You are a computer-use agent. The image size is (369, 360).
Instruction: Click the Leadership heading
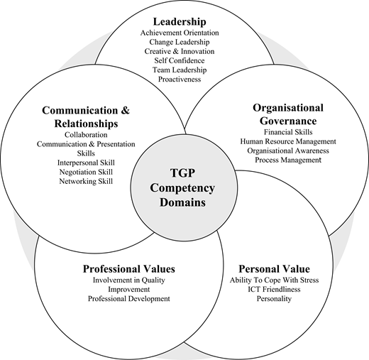(x=180, y=22)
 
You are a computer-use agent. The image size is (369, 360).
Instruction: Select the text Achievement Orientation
(x=180, y=33)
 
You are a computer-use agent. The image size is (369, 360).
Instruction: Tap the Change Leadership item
(x=180, y=42)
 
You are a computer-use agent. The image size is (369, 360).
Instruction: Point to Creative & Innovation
(x=180, y=51)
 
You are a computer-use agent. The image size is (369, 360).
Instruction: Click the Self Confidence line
(x=180, y=60)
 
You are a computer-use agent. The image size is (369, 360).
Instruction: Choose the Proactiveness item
(x=180, y=80)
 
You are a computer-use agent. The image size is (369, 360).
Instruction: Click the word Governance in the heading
(x=288, y=121)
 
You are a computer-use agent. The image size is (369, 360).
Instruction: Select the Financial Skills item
(x=288, y=132)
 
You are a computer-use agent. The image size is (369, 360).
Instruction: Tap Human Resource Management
(x=288, y=141)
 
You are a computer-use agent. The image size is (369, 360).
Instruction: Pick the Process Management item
(x=288, y=160)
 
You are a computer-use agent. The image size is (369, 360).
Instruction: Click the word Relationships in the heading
(x=86, y=124)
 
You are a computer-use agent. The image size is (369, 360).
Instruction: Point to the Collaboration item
(x=86, y=135)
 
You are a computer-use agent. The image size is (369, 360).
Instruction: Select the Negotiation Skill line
(x=86, y=172)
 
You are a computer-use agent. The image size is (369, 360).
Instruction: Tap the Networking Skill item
(x=86, y=181)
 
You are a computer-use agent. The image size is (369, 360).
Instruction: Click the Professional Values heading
(x=129, y=269)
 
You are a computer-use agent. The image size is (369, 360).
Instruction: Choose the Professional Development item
(x=129, y=299)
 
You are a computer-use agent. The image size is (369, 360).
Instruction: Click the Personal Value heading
(x=274, y=269)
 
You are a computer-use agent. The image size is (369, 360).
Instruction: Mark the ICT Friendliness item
(x=274, y=289)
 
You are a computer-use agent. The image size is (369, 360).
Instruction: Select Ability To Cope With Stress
(x=274, y=280)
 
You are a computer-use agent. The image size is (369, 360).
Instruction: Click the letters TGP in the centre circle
(x=182, y=173)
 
